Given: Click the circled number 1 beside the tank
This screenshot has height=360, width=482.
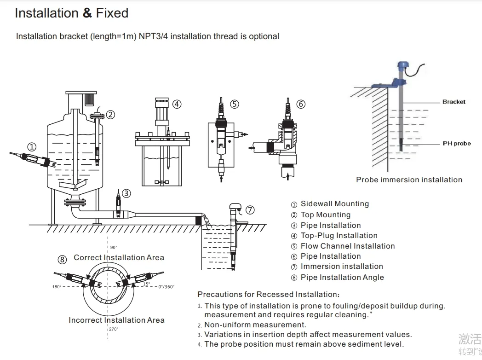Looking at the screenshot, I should (x=31, y=147).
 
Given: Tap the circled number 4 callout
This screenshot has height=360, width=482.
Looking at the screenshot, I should (x=177, y=104).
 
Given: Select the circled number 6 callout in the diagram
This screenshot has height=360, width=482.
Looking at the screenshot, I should (x=301, y=104).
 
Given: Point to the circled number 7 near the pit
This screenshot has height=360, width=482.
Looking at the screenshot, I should (x=250, y=210).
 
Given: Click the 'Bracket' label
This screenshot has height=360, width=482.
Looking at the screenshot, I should (x=453, y=102).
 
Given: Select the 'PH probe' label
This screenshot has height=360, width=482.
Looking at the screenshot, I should (x=456, y=144).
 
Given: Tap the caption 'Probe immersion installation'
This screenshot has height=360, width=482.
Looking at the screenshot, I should (x=409, y=180).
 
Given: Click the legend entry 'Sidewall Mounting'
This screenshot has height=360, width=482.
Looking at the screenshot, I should (x=334, y=204).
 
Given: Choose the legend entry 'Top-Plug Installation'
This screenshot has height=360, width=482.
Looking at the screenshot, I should (x=339, y=236).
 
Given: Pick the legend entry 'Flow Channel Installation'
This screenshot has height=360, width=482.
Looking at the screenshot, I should (x=347, y=246).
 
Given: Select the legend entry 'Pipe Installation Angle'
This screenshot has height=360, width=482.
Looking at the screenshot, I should (x=342, y=277).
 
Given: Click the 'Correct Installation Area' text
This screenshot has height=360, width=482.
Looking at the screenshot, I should (x=119, y=258).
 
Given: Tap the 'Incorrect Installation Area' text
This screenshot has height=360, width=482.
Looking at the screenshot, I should (x=116, y=320).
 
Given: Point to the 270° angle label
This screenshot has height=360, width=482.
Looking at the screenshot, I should (x=114, y=329).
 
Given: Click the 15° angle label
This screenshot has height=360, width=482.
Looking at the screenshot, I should (x=146, y=285).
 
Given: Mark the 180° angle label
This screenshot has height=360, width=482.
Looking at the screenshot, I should (x=57, y=287).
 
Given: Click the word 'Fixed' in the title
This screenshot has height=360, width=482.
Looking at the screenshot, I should (x=112, y=13).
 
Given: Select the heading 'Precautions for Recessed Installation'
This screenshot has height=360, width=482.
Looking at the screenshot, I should (x=269, y=295).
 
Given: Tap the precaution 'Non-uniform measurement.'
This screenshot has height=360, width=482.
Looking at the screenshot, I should (x=255, y=325).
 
